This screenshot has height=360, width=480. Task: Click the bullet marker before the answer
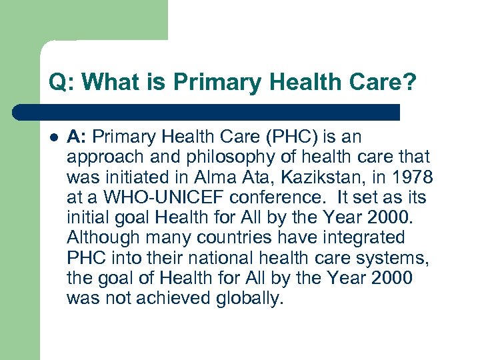(53, 137)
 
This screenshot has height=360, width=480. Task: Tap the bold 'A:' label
(77, 137)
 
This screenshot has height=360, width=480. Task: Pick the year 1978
(413, 177)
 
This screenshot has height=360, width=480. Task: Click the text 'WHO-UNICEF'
(152, 198)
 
